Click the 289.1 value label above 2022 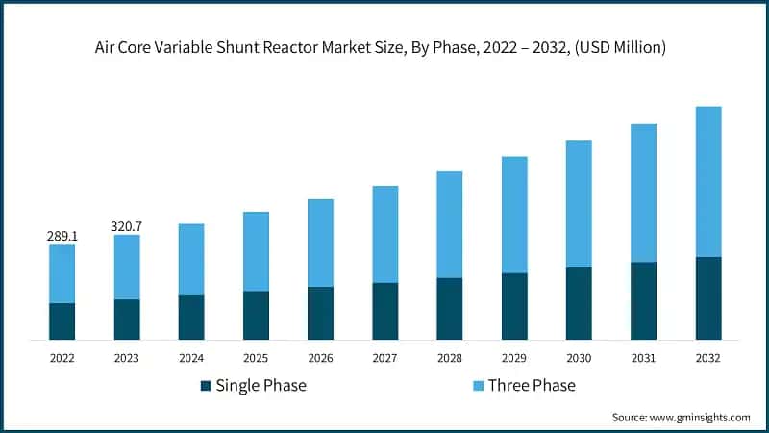point(62,235)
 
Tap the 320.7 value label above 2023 point(127,225)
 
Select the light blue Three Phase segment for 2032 point(708,181)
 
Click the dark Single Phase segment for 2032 point(708,298)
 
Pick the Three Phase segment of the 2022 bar point(62,273)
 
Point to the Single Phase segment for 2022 point(62,321)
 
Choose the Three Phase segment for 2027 point(385,234)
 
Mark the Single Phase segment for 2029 point(514,306)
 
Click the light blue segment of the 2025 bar point(256,251)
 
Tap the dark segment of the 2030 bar point(579,303)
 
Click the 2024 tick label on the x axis point(191,357)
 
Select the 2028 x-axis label point(450,357)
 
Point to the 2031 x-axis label point(643,357)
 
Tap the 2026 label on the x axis point(320,357)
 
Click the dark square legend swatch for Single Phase point(206,386)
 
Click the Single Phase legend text point(261,386)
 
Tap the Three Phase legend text point(532,386)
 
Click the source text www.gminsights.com point(699,417)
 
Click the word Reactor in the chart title point(311,47)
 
